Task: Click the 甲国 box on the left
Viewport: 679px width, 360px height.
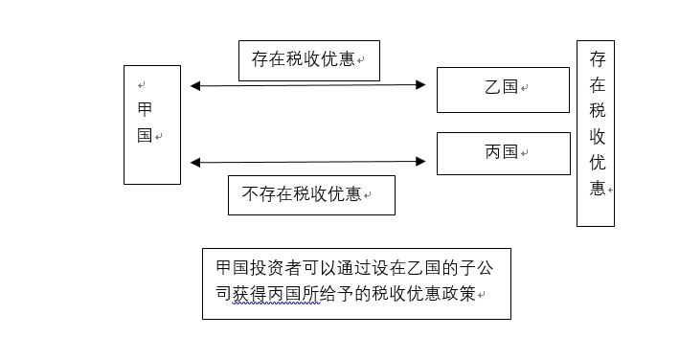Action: click(x=151, y=124)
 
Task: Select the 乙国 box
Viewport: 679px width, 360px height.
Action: click(x=503, y=89)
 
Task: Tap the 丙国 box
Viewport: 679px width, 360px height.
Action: click(x=503, y=153)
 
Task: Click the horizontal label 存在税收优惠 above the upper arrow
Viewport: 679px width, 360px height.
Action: click(x=308, y=60)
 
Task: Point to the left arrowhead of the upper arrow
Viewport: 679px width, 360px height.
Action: click(x=195, y=86)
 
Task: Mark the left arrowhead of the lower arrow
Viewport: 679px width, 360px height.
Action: click(x=195, y=162)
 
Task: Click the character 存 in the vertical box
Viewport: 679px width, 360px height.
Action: click(x=597, y=59)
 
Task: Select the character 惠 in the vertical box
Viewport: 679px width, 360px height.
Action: click(x=597, y=188)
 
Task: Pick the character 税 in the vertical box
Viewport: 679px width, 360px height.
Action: click(x=597, y=111)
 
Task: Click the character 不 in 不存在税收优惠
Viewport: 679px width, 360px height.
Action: click(x=250, y=195)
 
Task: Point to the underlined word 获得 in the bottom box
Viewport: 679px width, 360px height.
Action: click(x=252, y=294)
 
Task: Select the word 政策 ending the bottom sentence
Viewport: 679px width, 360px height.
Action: click(x=456, y=294)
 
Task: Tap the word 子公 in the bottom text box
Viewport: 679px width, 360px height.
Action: click(x=478, y=267)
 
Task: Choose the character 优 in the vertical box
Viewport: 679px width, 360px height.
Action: click(x=597, y=162)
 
